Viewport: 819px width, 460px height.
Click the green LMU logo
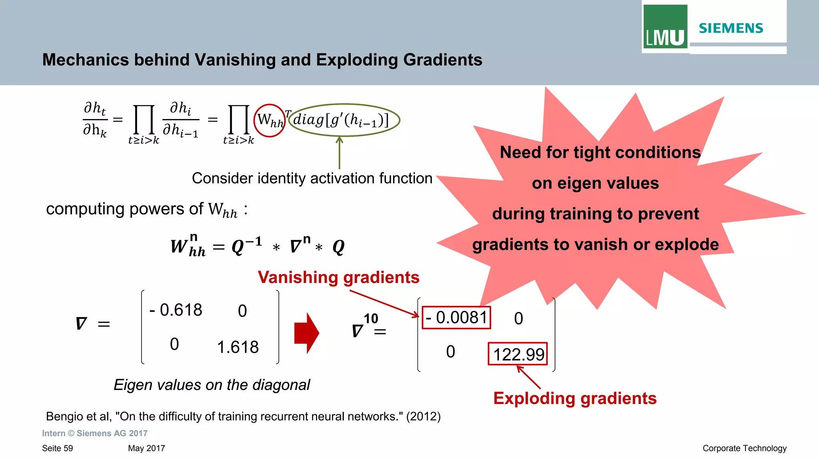pos(665,27)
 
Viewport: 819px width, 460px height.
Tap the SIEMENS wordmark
pos(731,28)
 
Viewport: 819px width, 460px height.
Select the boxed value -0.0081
pos(456,318)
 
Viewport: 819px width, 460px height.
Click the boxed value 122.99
pos(518,354)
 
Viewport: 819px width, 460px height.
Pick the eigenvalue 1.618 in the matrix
pos(238,347)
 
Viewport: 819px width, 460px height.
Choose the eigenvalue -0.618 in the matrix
pos(176,310)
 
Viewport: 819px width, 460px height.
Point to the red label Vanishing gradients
pos(338,277)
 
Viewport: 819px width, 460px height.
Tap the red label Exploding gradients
pos(575,398)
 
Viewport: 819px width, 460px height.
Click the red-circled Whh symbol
pos(270,120)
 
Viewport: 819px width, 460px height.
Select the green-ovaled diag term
pos(344,120)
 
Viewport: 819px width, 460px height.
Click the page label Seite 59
pos(58,448)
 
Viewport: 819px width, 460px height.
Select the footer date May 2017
pos(146,448)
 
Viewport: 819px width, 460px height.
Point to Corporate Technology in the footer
pos(744,448)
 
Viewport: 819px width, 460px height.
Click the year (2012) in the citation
pos(423,416)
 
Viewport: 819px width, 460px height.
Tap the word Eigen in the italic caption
pos(129,385)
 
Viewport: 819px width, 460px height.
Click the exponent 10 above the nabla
pos(371,319)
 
